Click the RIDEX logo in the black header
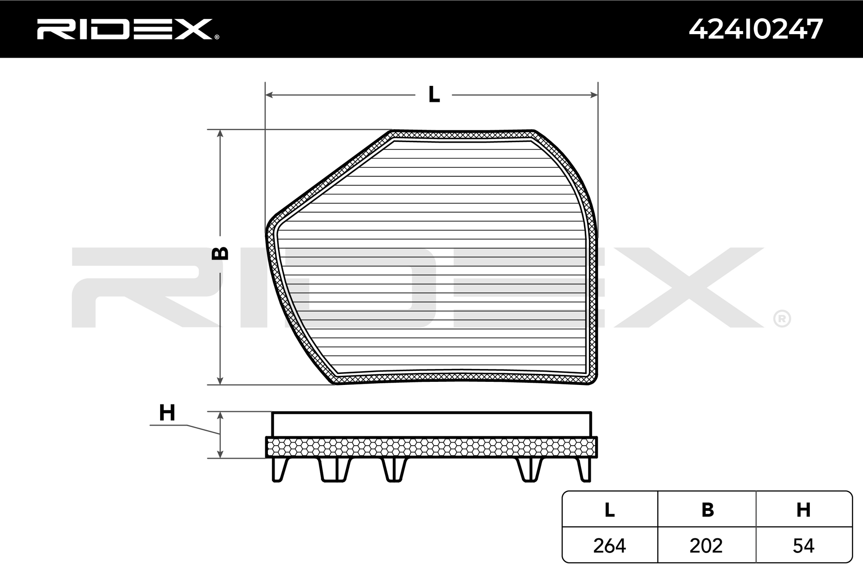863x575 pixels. tap(127, 29)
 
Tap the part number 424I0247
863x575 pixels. tap(756, 29)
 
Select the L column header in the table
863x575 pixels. tap(609, 510)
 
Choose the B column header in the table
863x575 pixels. tap(707, 510)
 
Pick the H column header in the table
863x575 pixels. tap(804, 510)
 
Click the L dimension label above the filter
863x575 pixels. tap(434, 94)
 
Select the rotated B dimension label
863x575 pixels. tap(220, 253)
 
